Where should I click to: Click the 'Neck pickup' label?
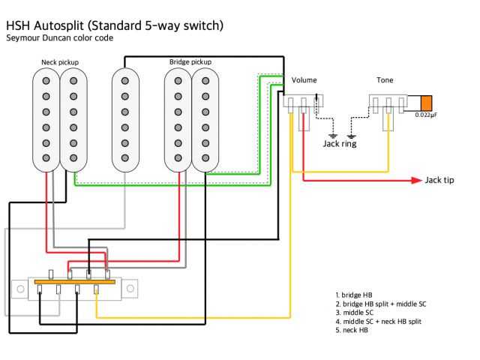click(59, 61)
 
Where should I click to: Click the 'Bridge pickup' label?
click(190, 61)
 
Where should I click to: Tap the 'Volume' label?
click(304, 79)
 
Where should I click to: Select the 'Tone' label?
click(385, 79)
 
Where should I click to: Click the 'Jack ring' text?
click(339, 143)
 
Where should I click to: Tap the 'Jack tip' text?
click(439, 180)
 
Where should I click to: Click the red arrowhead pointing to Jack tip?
click(415, 180)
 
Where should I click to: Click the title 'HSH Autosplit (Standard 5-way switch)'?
click(115, 25)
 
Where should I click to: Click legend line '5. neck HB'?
click(352, 330)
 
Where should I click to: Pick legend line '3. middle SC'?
click(355, 313)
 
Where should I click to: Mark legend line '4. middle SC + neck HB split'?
click(380, 321)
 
